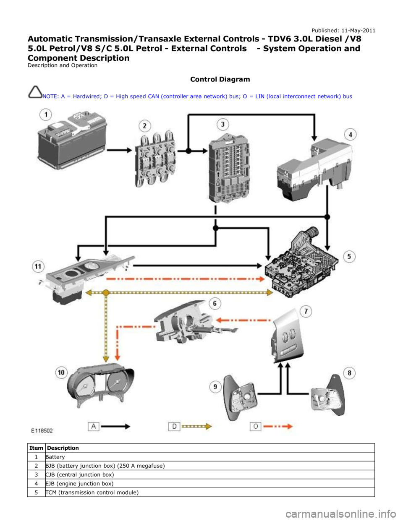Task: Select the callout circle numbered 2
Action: pyautogui.click(x=144, y=125)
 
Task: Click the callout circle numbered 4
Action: pyautogui.click(x=350, y=135)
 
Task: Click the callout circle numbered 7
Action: pyautogui.click(x=306, y=311)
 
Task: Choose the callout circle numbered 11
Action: pyautogui.click(x=38, y=266)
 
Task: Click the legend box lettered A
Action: pyautogui.click(x=93, y=426)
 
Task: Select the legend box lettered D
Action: pyautogui.click(x=174, y=426)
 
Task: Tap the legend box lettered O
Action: pyautogui.click(x=256, y=426)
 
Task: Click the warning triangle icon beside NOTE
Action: pyautogui.click(x=35, y=91)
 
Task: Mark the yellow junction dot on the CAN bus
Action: pyautogui.click(x=106, y=293)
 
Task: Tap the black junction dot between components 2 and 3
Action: pyautogui.click(x=188, y=150)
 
